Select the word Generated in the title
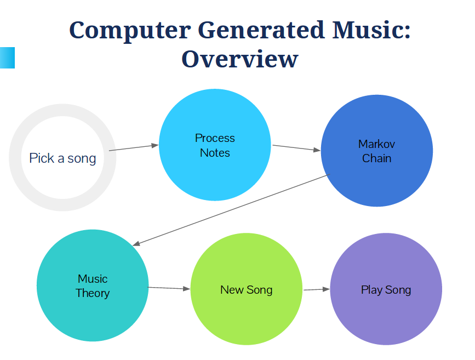[x=261, y=30]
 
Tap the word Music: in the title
[x=371, y=30]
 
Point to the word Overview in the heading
[x=240, y=59]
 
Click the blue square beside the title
[x=7, y=58]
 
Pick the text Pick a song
[x=62, y=158]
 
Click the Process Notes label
[x=215, y=145]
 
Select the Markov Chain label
[x=376, y=151]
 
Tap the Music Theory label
[x=93, y=286]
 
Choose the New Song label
[x=247, y=290]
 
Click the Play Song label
[x=386, y=290]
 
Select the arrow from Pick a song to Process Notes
[x=134, y=148]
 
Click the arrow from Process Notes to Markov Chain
[x=296, y=148]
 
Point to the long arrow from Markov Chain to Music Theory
[x=231, y=210]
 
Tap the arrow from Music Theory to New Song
[x=169, y=288]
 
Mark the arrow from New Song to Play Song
[x=317, y=289]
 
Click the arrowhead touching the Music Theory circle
[x=136, y=243]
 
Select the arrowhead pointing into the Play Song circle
[x=327, y=289]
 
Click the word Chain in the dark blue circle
[x=376, y=158]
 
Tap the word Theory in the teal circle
[x=93, y=293]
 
